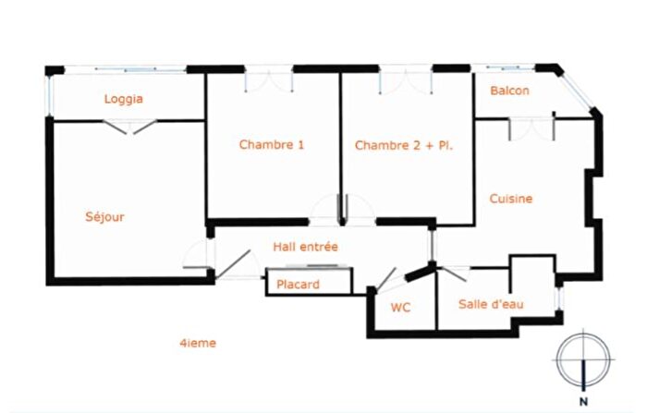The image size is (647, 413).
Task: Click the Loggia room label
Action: click(x=123, y=99)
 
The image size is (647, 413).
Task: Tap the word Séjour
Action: click(x=104, y=216)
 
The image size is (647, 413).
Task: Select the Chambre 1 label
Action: click(x=272, y=144)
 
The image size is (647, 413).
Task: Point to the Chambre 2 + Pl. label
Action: click(x=404, y=145)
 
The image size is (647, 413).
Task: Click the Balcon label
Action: click(x=509, y=91)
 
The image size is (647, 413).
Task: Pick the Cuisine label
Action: click(x=511, y=199)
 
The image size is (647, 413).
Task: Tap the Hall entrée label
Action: click(x=305, y=247)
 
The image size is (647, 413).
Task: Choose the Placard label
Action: click(x=298, y=285)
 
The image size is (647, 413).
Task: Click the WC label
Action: click(x=400, y=308)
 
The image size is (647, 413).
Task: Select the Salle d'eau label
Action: click(x=491, y=304)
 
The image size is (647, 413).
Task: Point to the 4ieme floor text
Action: click(x=198, y=343)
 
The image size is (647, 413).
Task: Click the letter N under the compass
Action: click(x=583, y=401)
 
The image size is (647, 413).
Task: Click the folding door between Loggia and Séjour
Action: click(x=130, y=127)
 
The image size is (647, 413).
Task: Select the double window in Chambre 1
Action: click(x=269, y=81)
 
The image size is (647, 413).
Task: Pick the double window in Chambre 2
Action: click(x=406, y=82)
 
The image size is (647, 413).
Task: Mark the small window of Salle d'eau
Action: click(x=559, y=298)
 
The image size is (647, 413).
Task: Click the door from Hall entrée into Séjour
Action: click(x=198, y=255)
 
